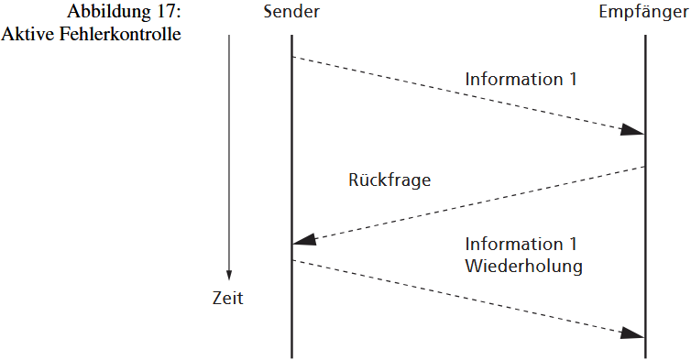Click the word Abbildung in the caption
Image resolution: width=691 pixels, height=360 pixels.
click(x=107, y=16)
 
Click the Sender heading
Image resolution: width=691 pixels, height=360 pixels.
click(x=291, y=15)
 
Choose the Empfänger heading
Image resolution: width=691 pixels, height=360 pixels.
click(x=644, y=15)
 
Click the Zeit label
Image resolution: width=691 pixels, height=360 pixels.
click(x=228, y=299)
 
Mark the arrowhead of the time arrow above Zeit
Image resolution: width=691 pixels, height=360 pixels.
click(x=229, y=275)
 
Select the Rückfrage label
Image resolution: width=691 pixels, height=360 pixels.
click(x=389, y=180)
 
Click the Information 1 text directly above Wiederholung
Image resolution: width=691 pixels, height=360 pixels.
click(x=521, y=245)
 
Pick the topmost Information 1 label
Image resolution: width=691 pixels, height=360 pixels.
click(x=521, y=79)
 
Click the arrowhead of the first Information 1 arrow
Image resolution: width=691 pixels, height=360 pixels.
click(x=631, y=130)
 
